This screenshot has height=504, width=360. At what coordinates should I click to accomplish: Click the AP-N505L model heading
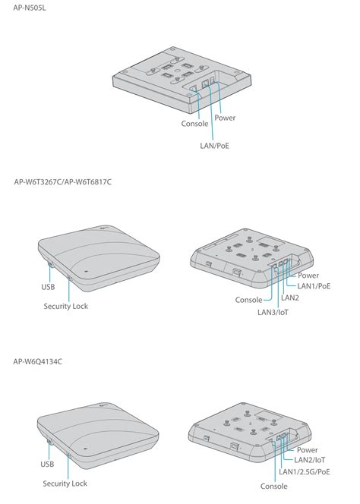pos(30,8)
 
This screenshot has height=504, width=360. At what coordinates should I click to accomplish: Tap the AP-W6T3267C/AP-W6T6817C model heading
pos(63,182)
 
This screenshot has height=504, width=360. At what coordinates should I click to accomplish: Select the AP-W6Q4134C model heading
pos(38,361)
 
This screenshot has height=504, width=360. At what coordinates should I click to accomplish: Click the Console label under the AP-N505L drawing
pos(194,124)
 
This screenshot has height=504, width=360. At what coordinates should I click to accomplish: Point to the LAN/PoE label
pos(215,146)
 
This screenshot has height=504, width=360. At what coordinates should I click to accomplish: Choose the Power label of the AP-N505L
pos(225,118)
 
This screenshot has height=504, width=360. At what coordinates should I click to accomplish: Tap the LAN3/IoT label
pos(273,312)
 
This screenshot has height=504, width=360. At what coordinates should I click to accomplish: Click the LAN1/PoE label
pos(314,286)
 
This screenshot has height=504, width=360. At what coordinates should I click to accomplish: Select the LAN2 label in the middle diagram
pos(290,298)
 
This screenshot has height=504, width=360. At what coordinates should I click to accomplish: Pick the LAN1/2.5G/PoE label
pos(305,472)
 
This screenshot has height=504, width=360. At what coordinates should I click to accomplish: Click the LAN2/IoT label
pos(309,460)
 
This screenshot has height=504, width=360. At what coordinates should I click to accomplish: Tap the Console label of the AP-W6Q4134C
pos(273,487)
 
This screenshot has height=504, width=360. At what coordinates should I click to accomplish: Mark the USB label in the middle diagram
pos(48,287)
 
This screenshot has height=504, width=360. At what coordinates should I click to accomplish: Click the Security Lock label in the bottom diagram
pos(65,484)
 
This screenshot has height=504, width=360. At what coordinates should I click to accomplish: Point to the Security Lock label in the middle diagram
pos(66,306)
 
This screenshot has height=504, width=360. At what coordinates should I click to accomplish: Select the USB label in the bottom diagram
pos(47,464)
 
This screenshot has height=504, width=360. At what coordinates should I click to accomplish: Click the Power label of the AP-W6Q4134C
pos(308,450)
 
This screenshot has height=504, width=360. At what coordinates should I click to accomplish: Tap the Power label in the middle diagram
pos(308,276)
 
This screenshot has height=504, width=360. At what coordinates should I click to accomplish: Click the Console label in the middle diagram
pos(248,300)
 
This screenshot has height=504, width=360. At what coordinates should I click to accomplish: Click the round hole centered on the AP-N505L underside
pos(176,69)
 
